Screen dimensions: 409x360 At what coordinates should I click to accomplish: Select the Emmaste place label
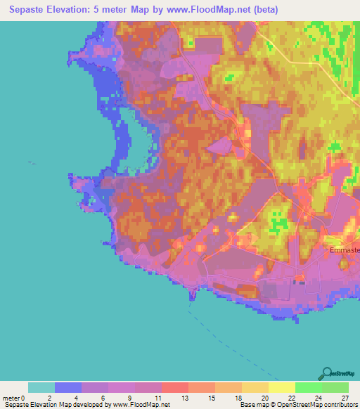click(x=345, y=250)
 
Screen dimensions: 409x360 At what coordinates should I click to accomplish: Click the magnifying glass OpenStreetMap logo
click(x=326, y=373)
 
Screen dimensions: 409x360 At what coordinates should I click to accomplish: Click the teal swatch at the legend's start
click(x=41, y=387)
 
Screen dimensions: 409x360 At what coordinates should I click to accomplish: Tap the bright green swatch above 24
click(x=308, y=387)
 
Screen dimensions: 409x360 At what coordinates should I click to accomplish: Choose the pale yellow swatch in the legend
click(x=281, y=387)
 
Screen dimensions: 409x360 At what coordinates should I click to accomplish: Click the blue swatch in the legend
click(x=68, y=387)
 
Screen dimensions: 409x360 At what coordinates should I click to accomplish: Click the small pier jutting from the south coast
click(x=191, y=299)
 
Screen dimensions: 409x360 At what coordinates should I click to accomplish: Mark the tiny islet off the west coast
click(x=32, y=162)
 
